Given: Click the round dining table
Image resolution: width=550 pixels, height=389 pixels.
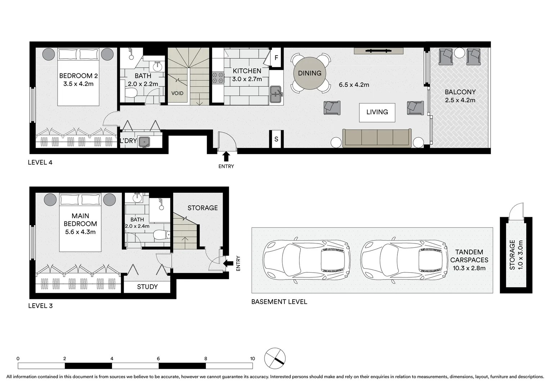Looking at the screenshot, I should pyautogui.click(x=310, y=73).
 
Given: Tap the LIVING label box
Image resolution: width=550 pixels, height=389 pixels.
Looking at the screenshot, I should pyautogui.click(x=377, y=112).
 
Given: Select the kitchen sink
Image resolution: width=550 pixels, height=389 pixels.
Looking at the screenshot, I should pyautogui.click(x=276, y=94).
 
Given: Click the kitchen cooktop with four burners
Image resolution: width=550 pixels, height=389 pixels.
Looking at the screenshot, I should pyautogui.click(x=218, y=78).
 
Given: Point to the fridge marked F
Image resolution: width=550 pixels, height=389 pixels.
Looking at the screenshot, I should pyautogui.click(x=276, y=58).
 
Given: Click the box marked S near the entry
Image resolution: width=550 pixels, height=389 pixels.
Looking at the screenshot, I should pyautogui.click(x=276, y=139).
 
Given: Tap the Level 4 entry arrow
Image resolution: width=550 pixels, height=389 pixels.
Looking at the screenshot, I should pyautogui.click(x=226, y=156).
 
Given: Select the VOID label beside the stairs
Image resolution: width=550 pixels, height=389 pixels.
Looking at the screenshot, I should pyautogui.click(x=177, y=93).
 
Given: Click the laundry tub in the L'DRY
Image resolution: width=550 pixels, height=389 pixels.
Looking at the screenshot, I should pyautogui.click(x=144, y=142).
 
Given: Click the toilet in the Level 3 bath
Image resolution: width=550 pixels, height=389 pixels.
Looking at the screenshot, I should pyautogui.click(x=161, y=235).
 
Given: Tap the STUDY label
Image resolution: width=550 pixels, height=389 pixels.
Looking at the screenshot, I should pyautogui.click(x=147, y=287).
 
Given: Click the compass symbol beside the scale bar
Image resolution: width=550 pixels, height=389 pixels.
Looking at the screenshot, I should pyautogui.click(x=275, y=358).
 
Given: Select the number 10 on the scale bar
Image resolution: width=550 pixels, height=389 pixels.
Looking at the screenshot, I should pyautogui.click(x=252, y=358).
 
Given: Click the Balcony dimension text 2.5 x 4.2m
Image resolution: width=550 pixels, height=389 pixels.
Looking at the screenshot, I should pyautogui.click(x=460, y=100).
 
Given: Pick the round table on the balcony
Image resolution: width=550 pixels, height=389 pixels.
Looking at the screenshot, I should pyautogui.click(x=459, y=53).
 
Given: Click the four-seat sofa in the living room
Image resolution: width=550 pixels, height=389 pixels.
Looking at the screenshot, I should pyautogui.click(x=377, y=138).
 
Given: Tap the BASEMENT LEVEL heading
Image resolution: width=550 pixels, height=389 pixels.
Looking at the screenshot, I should pyautogui.click(x=279, y=302).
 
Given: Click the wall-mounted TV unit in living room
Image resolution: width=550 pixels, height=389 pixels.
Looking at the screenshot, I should pyautogui.click(x=378, y=51).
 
